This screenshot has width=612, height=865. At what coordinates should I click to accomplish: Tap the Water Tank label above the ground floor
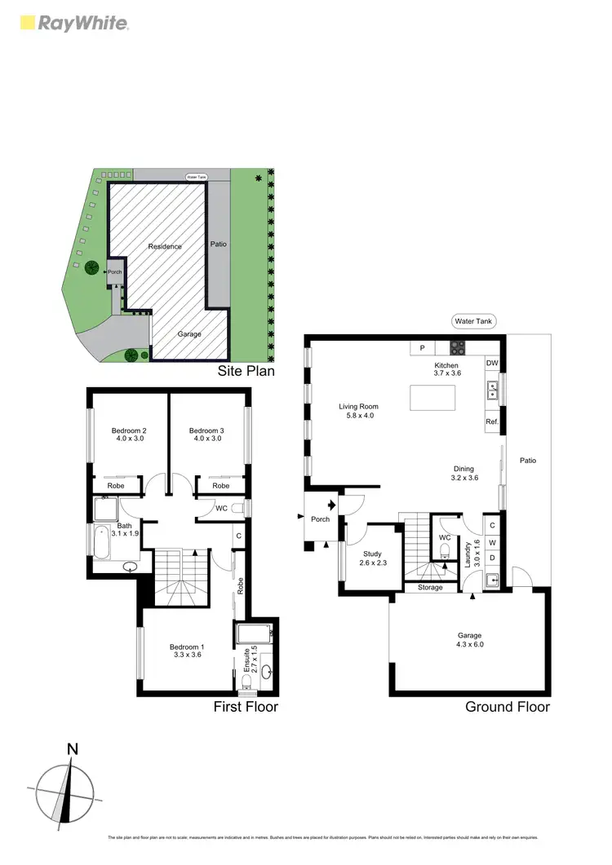tap(474, 322)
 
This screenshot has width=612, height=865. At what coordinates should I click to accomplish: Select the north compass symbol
tap(65, 784)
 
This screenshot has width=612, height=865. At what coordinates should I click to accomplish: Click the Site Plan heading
tap(246, 371)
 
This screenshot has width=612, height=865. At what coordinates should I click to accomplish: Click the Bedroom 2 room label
tap(129, 430)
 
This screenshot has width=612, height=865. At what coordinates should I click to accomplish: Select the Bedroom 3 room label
tap(206, 430)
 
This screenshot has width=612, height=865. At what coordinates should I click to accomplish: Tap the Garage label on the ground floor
tap(469, 635)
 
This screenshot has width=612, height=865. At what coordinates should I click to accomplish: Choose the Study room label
tap(372, 554)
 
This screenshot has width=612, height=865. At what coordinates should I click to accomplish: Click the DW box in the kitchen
tap(491, 363)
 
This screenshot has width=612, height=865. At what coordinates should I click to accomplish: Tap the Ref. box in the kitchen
tap(491, 421)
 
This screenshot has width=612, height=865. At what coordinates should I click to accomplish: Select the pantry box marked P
tap(422, 348)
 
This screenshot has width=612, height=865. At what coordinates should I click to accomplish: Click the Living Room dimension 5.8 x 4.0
tap(359, 417)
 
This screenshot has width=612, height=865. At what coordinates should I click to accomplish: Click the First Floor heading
tap(246, 707)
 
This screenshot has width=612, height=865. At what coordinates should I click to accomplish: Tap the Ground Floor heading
tap(507, 707)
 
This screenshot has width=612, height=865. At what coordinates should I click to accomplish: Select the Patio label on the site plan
tap(219, 244)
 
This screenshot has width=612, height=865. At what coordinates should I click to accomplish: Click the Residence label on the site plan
tap(165, 246)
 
